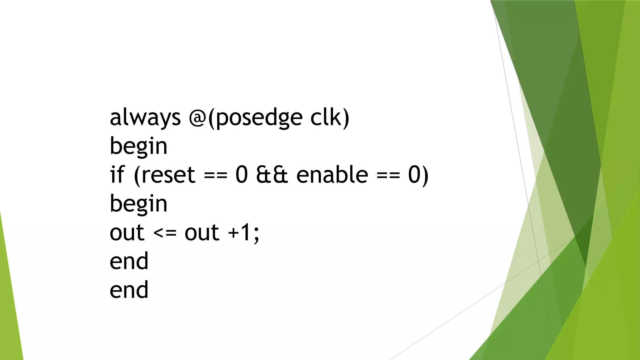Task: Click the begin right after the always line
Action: pos(138,146)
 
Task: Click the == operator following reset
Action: pos(216,176)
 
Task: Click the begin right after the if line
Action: pos(138,204)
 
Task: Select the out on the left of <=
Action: pos(127,233)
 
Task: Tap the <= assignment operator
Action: pos(165,233)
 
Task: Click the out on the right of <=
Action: pos(202,233)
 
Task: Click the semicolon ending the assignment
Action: pos(256,235)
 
